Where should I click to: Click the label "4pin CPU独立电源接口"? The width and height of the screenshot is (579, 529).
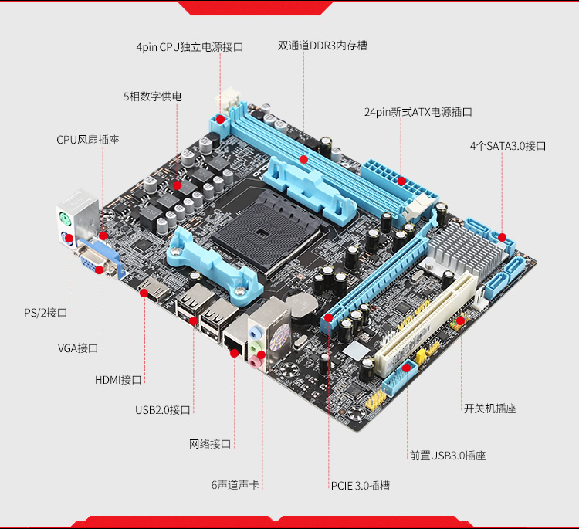click(190, 47)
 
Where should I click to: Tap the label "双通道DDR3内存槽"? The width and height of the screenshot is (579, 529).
click(323, 46)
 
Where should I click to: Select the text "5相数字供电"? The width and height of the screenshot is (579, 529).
click(153, 97)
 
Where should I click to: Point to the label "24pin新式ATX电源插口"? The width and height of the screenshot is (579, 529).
click(418, 112)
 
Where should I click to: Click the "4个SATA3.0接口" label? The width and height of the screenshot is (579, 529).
click(508, 146)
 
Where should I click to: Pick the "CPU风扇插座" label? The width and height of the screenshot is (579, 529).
click(88, 140)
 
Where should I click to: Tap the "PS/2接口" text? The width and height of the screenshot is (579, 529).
click(46, 313)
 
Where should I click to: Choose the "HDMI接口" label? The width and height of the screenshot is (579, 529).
click(118, 380)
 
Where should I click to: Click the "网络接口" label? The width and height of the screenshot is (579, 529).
click(210, 444)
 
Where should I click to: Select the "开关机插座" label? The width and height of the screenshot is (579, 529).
click(490, 409)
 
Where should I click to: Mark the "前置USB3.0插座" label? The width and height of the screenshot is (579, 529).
click(448, 456)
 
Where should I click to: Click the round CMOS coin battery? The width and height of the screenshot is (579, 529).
click(302, 306)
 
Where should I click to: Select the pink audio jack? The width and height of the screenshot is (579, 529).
click(254, 362)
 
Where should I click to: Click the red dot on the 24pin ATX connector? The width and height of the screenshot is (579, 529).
click(401, 181)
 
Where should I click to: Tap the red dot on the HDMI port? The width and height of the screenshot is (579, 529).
click(144, 293)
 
